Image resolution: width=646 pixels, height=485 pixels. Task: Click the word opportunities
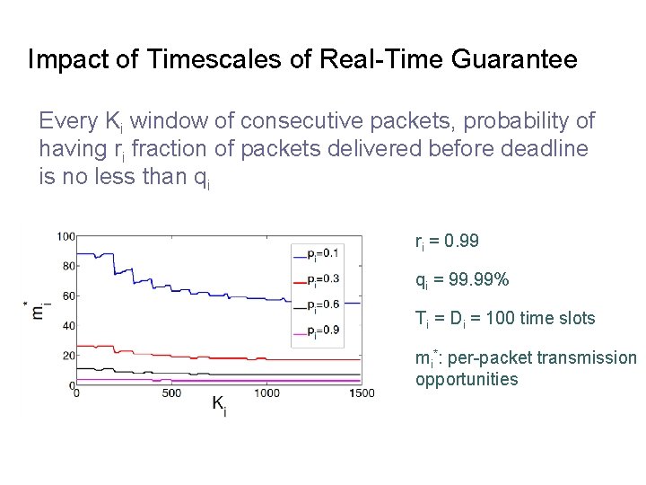pyautogui.click(x=467, y=379)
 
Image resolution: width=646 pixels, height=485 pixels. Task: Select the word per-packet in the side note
pyautogui.click(x=484, y=358)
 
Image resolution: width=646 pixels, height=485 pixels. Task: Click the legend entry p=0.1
pyautogui.click(x=322, y=252)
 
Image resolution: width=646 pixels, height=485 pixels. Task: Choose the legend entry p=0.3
pyautogui.click(x=322, y=278)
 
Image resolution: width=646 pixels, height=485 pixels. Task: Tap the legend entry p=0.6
pyautogui.click(x=322, y=304)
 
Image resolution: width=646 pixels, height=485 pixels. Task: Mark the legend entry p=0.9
pyautogui.click(x=322, y=331)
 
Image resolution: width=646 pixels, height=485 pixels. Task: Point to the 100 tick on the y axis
pyautogui.click(x=65, y=236)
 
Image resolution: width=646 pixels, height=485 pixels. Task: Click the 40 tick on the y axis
pyautogui.click(x=67, y=325)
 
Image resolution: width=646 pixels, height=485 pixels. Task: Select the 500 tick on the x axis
pyautogui.click(x=171, y=393)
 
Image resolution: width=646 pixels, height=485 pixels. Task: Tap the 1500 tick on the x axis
pyautogui.click(x=362, y=393)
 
